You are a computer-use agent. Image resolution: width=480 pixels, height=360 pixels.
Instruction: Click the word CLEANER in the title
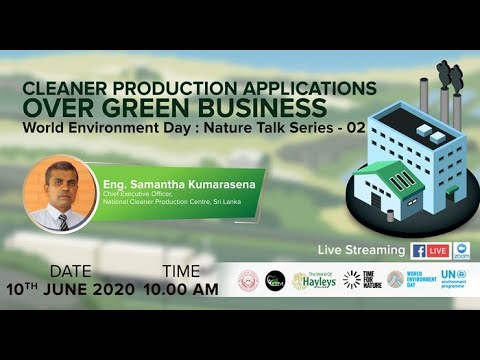pyautogui.click(x=73, y=87)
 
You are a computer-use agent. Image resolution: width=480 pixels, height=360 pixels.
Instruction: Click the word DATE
pyautogui.click(x=71, y=272)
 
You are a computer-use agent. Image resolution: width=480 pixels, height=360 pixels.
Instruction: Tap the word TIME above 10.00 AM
pyautogui.click(x=180, y=272)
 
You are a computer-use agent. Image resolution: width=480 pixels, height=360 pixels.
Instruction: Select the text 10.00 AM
pyautogui.click(x=181, y=289)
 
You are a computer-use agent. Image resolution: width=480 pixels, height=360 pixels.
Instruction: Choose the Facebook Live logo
pyautogui.click(x=430, y=250)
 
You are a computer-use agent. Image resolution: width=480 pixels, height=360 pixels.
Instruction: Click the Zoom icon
pyautogui.click(x=461, y=250)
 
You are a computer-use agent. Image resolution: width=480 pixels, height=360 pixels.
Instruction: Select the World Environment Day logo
pyautogui.click(x=408, y=280)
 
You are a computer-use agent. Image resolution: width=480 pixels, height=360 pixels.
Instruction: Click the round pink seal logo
pyautogui.click(x=247, y=280)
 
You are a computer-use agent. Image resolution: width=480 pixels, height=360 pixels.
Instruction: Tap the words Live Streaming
pyautogui.click(x=361, y=250)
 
